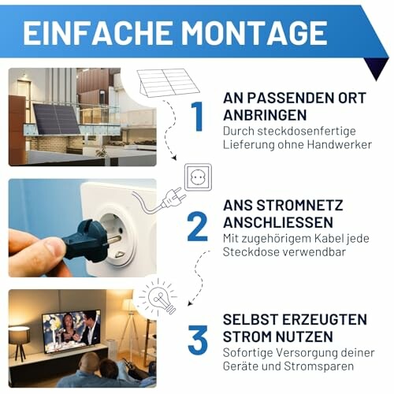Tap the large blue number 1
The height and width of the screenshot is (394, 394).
click(x=197, y=116)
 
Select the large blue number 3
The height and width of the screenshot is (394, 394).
click(x=197, y=339)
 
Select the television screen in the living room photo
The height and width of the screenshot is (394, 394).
click(x=70, y=330)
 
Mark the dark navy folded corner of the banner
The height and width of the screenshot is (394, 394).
click(x=377, y=69)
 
